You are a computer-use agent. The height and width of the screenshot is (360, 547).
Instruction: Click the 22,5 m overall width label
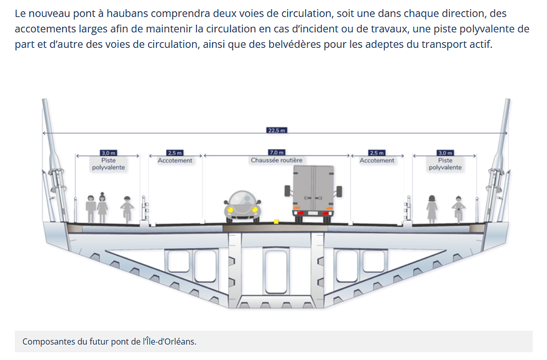pos(277,131)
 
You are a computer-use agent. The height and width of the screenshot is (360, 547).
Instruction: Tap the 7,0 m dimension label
pos(277,152)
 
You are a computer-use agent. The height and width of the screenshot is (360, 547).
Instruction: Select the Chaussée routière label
pos(277,160)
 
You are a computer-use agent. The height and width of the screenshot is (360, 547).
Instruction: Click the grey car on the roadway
pos(242,206)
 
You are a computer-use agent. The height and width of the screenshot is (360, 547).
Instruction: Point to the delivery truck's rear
pos(313,193)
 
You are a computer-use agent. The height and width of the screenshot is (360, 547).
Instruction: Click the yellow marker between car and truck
pos(276,221)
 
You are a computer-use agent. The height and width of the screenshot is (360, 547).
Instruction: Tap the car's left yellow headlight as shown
pos(230,210)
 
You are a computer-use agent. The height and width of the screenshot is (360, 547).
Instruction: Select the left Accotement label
pos(175,160)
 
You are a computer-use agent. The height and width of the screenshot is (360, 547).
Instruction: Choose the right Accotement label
pos(377,160)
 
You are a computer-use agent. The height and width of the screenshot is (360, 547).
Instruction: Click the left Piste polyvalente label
pos(109,164)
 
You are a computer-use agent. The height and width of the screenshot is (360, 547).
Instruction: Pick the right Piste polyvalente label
pos(445,164)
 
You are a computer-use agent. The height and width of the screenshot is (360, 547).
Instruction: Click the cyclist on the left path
pos(127,210)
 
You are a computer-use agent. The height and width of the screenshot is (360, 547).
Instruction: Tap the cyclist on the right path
pos(458,210)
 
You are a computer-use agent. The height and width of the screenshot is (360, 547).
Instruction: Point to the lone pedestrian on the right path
pos(432,209)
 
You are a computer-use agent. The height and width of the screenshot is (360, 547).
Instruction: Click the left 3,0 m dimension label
pos(109,153)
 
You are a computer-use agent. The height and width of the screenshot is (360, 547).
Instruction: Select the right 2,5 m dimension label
pos(377,153)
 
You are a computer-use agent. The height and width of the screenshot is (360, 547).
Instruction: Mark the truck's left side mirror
pos(287,191)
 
